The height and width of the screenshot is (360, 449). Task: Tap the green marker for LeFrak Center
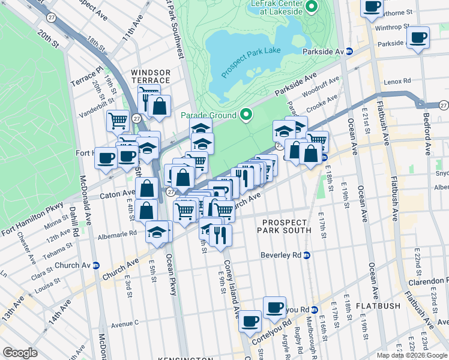click(312, 7)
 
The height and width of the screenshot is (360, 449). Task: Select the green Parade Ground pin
click(246, 114)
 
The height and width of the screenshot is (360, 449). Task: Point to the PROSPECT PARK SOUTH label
click(286, 226)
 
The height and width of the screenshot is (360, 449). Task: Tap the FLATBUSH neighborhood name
click(378, 306)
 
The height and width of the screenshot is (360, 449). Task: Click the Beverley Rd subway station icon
click(307, 255)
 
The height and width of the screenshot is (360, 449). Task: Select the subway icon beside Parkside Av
click(349, 52)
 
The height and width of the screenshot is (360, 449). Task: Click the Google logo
click(20, 353)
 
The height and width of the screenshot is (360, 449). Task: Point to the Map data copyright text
click(412, 355)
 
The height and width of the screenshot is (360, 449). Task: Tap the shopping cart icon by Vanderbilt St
click(118, 120)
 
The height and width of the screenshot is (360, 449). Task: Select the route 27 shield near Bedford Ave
click(443, 104)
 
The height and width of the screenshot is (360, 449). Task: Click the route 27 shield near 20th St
click(52, 19)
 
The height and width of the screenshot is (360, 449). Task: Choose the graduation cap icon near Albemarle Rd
click(157, 231)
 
